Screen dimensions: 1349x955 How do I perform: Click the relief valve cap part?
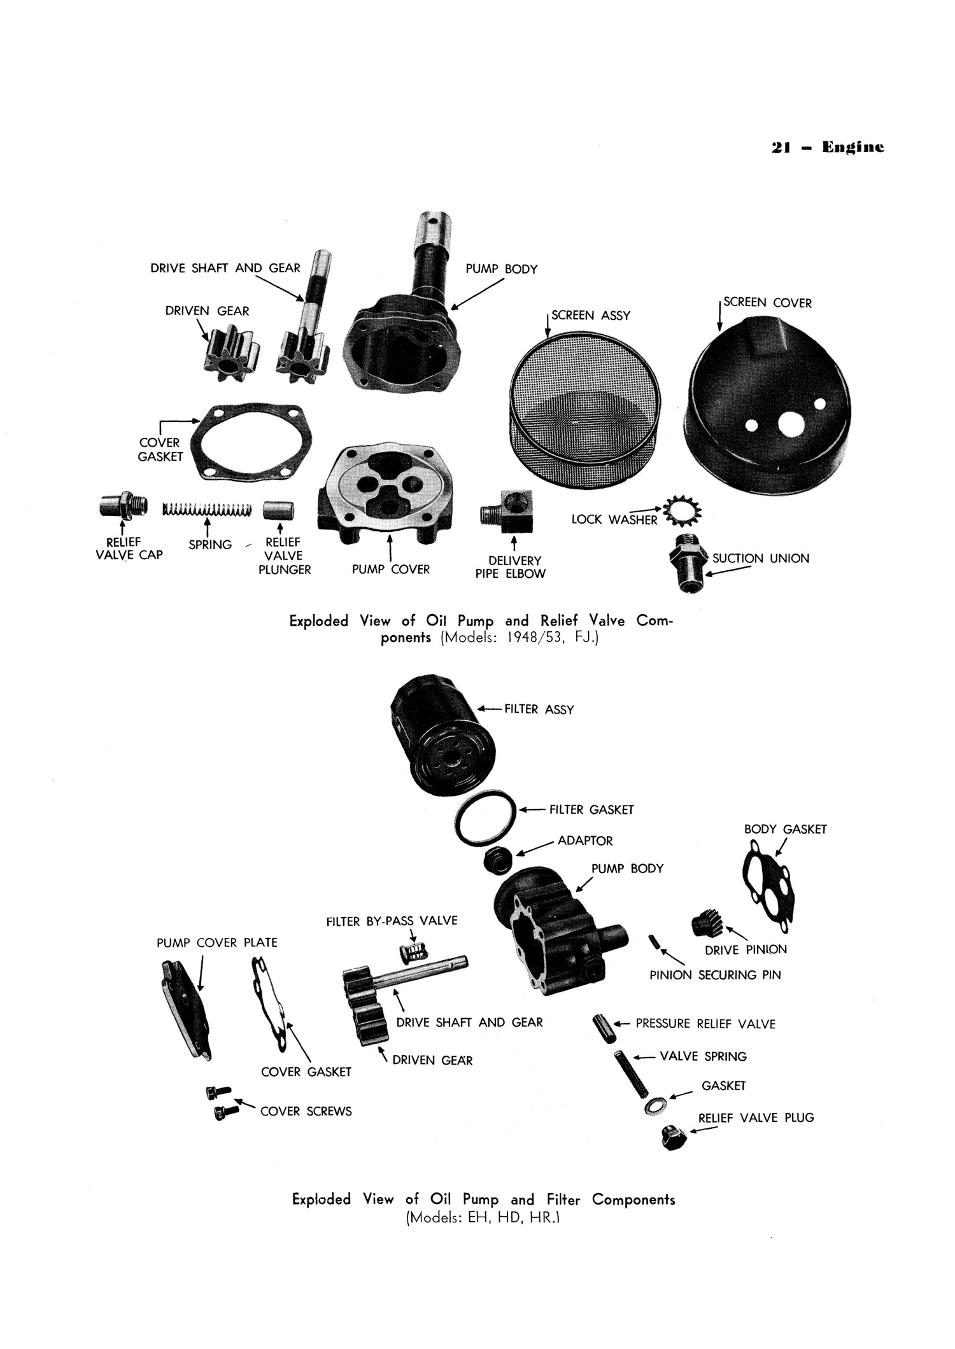123,506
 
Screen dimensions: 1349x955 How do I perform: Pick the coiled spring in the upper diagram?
206,510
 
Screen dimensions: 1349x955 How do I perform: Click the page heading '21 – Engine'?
827,148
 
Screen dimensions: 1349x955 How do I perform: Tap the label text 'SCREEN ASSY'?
590,316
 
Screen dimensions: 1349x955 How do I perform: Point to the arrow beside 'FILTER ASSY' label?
490,708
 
